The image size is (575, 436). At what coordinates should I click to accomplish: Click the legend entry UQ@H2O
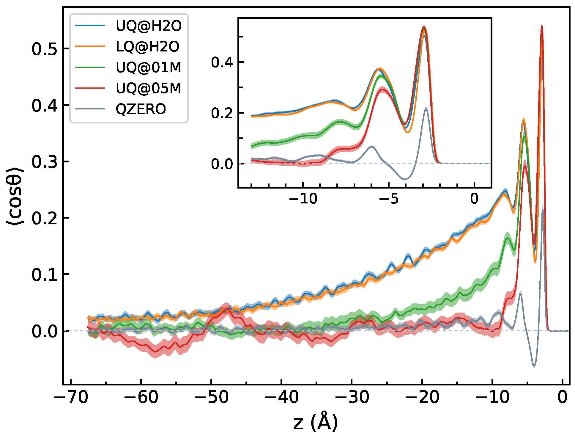pyautogui.click(x=148, y=26)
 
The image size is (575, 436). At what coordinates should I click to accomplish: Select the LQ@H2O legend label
pyautogui.click(x=147, y=47)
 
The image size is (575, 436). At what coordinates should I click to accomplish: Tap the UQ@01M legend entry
pyautogui.click(x=148, y=68)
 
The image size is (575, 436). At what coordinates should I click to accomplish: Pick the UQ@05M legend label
pyautogui.click(x=148, y=88)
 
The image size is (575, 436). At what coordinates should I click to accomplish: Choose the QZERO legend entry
pyautogui.click(x=141, y=109)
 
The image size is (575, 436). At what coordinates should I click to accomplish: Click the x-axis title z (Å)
pyautogui.click(x=315, y=422)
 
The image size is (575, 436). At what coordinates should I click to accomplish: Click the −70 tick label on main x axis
pyautogui.click(x=71, y=397)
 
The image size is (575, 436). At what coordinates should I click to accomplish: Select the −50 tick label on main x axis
pyautogui.click(x=211, y=397)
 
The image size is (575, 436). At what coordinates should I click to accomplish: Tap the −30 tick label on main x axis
pyautogui.click(x=352, y=397)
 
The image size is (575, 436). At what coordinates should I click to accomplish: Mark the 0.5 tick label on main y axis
pyautogui.click(x=44, y=49)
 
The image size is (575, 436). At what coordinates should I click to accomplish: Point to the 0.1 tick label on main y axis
pyautogui.click(x=44, y=274)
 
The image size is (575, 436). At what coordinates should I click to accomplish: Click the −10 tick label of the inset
pyautogui.click(x=303, y=199)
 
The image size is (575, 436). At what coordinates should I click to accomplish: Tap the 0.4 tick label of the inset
pyautogui.click(x=222, y=62)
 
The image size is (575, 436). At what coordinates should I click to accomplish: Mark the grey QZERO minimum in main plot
pyautogui.click(x=534, y=366)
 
